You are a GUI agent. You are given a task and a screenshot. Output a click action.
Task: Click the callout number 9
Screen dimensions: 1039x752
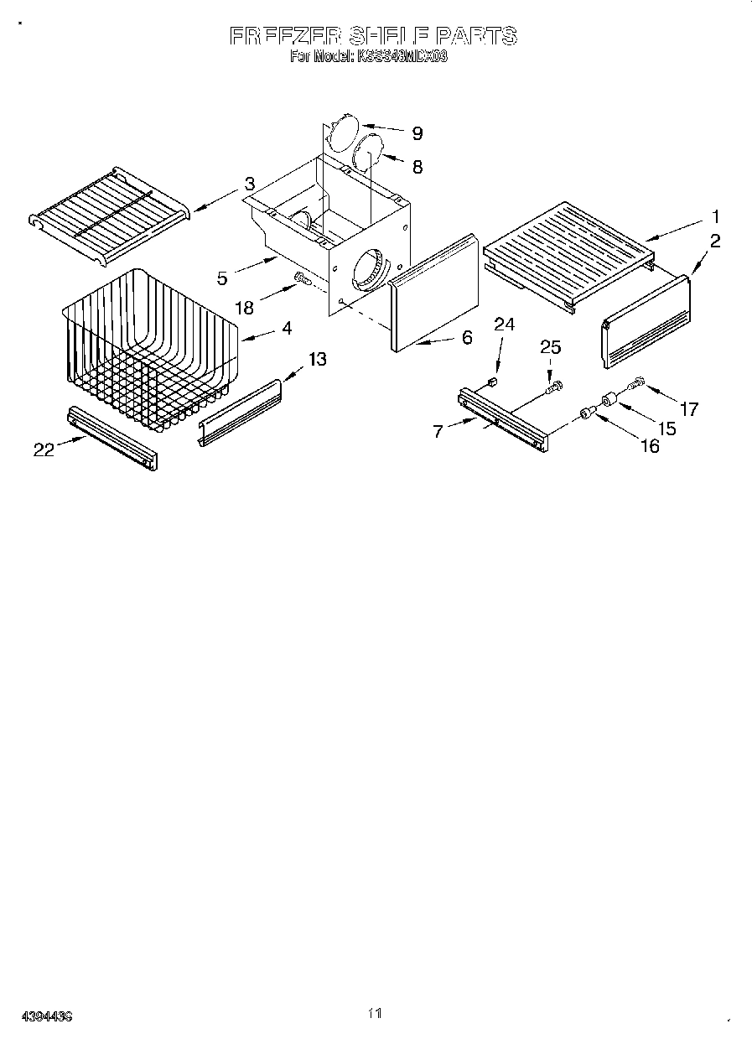[x=417, y=133]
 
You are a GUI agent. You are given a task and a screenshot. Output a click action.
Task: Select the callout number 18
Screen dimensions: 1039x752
[x=244, y=308]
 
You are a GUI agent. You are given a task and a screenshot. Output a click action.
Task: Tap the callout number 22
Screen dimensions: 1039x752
[x=44, y=450]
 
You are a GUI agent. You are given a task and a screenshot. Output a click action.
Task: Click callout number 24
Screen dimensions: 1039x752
[x=504, y=325]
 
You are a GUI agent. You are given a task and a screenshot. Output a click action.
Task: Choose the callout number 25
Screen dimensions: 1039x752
[x=551, y=347]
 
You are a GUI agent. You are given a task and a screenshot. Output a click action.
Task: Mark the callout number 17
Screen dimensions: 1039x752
[x=688, y=409]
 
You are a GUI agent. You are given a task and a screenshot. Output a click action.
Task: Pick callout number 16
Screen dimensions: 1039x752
[x=650, y=445]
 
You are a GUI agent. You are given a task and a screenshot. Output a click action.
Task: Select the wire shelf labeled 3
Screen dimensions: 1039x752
[x=109, y=214]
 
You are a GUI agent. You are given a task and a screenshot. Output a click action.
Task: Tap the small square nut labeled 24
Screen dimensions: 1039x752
[x=493, y=382]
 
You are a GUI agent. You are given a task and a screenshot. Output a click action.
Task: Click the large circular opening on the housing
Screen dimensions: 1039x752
[x=370, y=271]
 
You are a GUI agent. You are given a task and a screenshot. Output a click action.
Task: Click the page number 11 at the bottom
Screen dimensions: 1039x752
[x=375, y=1014]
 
